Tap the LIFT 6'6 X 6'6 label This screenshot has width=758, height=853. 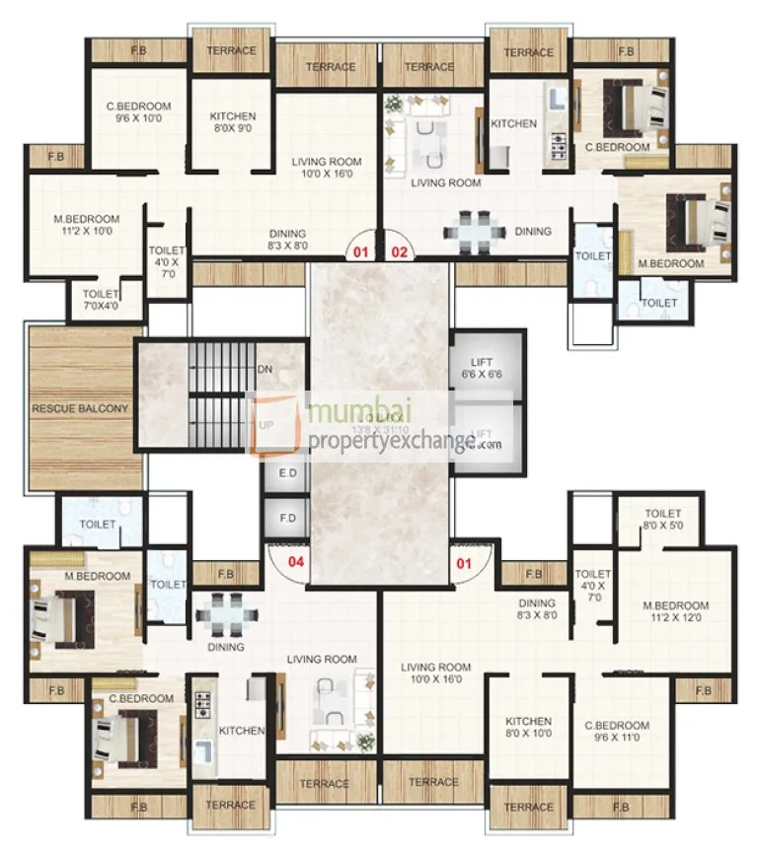[x=482, y=369]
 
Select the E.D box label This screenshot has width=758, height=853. [x=288, y=473]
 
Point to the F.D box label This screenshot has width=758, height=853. [x=288, y=517]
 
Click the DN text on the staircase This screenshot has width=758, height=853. [x=265, y=370]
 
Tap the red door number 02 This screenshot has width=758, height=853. [x=400, y=251]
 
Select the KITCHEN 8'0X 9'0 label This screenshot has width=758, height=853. [x=233, y=122]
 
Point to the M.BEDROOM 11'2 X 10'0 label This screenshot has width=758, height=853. [x=87, y=225]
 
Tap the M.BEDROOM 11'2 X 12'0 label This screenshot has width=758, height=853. [x=676, y=611]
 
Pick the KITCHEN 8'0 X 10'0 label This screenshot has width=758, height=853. [x=528, y=728]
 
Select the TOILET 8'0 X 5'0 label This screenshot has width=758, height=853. [x=663, y=520]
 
